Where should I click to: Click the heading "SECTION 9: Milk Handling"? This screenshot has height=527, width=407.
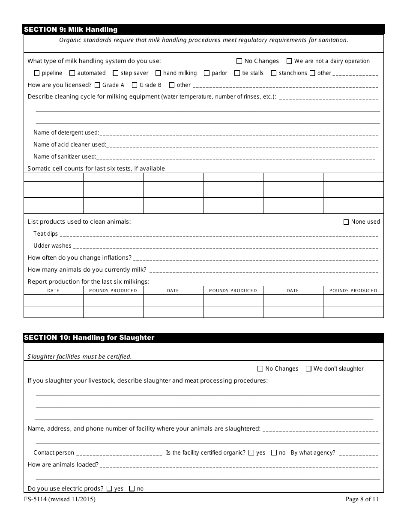(71, 30)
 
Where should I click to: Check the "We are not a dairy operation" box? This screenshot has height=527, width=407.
(290, 61)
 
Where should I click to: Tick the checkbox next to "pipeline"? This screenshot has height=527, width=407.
(36, 73)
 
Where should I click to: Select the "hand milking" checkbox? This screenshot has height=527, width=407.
(158, 73)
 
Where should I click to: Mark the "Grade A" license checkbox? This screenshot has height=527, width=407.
(97, 85)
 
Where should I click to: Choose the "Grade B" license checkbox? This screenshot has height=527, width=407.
(135, 85)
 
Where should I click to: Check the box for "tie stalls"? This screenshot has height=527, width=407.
(237, 73)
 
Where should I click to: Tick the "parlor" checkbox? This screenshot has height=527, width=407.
(207, 73)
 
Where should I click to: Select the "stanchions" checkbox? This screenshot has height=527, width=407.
(274, 73)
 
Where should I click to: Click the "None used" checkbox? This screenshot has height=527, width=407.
(346, 222)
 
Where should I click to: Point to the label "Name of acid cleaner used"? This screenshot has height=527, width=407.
(69, 145)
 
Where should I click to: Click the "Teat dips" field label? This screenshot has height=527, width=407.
(45, 234)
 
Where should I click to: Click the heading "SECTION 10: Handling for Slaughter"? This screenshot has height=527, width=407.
(89, 338)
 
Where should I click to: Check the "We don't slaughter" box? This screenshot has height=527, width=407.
(308, 369)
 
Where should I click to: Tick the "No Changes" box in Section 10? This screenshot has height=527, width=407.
(260, 369)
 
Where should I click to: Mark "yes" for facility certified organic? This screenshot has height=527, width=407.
(251, 453)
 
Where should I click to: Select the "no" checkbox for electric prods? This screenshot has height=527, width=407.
(132, 489)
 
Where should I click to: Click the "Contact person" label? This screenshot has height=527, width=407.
(54, 453)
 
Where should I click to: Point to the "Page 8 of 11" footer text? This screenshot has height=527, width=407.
(362, 499)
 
